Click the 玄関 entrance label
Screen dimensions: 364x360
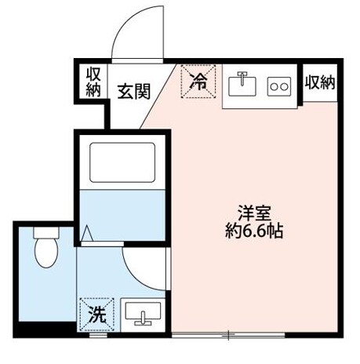(x=134, y=90)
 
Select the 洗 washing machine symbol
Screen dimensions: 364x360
(x=96, y=315)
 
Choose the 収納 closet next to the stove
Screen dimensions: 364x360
(x=319, y=82)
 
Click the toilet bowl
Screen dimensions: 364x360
(x=48, y=253)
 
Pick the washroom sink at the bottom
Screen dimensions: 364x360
(x=144, y=316)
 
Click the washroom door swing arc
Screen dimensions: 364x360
(x=141, y=271)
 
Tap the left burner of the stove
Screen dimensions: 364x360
(x=274, y=86)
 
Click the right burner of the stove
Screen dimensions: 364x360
(x=285, y=86)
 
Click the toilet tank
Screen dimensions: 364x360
(x=47, y=233)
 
